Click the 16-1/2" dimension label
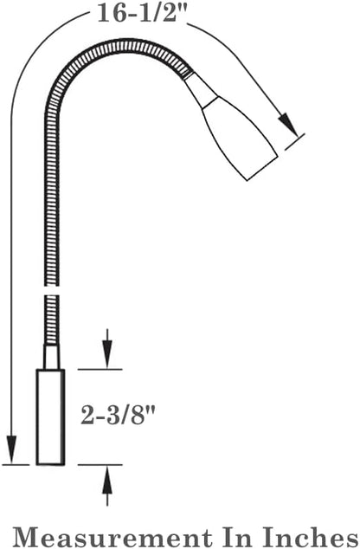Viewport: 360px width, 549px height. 141,13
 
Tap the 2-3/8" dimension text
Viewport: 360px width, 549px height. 118,415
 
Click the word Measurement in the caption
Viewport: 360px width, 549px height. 113,535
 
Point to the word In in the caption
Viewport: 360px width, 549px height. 237,535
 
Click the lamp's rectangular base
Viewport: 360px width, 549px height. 51,417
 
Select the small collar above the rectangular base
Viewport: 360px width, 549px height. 51,357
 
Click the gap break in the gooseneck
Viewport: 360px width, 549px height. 52,291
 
